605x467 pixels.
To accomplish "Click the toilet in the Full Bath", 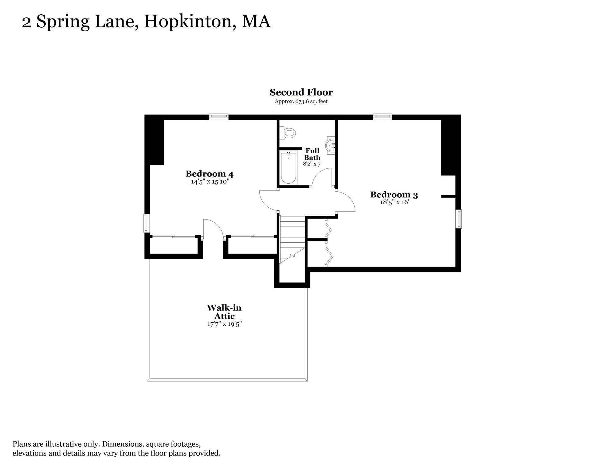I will click(288, 133).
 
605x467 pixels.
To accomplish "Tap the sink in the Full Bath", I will click(330, 145).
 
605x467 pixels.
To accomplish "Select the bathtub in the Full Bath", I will click(288, 168).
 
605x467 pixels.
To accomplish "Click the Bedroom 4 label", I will click(209, 174).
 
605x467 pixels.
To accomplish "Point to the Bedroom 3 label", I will click(394, 195).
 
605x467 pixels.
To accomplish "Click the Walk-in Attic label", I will click(224, 312).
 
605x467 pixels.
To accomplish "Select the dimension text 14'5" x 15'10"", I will click(210, 182).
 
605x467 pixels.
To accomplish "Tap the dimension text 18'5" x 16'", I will click(394, 202).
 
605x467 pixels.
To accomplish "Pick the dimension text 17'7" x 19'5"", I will click(224, 324).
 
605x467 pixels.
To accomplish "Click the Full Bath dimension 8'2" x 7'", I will click(312, 164).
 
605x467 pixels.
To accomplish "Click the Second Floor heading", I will click(301, 92).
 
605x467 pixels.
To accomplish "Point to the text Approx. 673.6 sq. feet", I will click(301, 102).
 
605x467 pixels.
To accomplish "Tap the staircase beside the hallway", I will click(292, 239).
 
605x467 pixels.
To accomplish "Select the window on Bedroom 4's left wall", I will click(146, 223).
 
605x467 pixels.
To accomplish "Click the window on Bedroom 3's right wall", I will click(458, 219).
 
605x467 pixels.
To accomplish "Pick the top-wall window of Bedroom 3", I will click(382, 117).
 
